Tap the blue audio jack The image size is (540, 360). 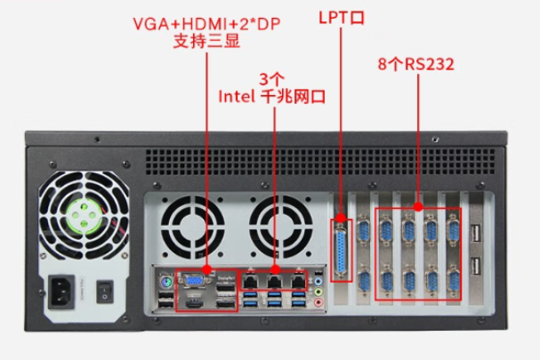[x=318, y=276]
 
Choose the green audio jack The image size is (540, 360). [x=318, y=290]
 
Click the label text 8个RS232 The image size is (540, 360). [x=415, y=65]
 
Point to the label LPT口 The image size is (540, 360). [x=342, y=17]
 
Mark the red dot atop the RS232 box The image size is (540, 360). [x=418, y=208]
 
